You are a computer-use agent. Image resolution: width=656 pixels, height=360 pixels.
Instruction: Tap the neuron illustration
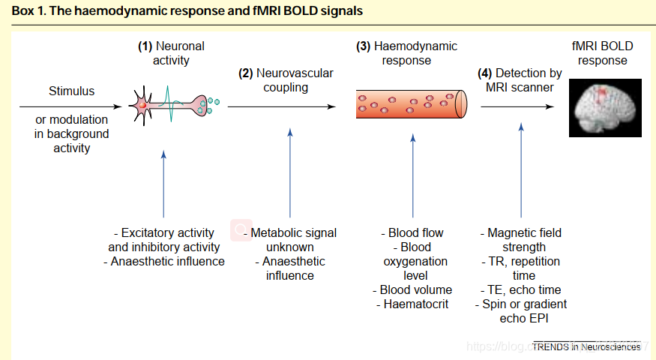(x=174, y=104)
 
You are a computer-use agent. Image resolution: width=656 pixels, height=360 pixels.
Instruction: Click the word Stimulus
(x=72, y=91)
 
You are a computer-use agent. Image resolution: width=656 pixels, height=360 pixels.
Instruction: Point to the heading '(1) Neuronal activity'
(x=171, y=52)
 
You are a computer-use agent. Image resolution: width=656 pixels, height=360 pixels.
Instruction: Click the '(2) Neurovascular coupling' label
(x=286, y=80)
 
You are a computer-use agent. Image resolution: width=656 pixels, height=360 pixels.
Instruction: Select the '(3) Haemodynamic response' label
(x=406, y=52)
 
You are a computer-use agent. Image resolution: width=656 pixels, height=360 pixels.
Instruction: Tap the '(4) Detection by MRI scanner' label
(x=520, y=80)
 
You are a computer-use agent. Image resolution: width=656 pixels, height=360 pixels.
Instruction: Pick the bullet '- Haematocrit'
(x=413, y=304)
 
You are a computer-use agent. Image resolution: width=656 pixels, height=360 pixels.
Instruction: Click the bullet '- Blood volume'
(x=413, y=289)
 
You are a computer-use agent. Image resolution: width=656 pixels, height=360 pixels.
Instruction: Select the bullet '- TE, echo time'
(x=520, y=289)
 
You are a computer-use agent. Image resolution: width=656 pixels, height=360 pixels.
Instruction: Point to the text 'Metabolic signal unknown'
(x=289, y=240)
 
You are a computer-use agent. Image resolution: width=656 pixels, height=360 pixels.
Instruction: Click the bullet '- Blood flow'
(x=413, y=232)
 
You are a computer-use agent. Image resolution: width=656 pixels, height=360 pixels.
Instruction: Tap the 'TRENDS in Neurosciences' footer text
(x=587, y=346)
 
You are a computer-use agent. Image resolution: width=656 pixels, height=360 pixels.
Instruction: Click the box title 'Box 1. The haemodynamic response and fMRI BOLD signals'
(x=187, y=11)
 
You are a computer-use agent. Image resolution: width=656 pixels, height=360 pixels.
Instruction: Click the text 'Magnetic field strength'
(x=520, y=240)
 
